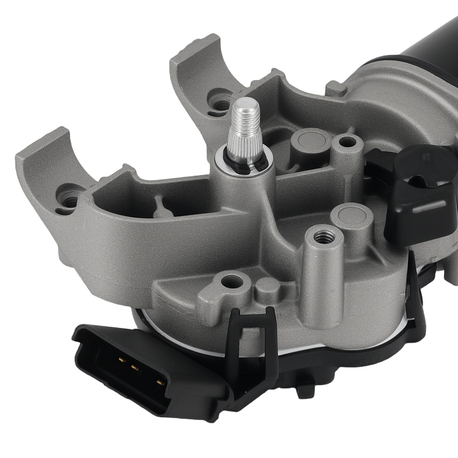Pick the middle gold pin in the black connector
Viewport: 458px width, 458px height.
pyautogui.click(x=136, y=367)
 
